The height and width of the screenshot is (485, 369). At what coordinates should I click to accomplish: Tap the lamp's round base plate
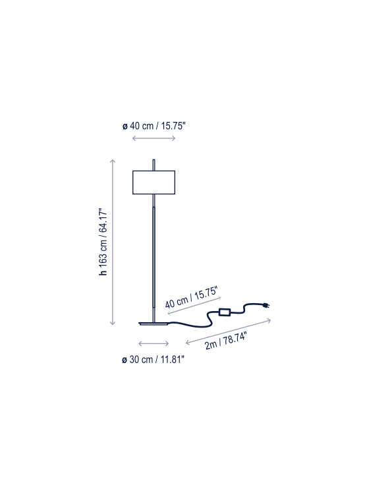click(x=154, y=324)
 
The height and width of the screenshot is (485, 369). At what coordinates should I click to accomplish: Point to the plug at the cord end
click(x=266, y=306)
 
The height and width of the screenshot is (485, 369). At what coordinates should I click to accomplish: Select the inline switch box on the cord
click(x=224, y=312)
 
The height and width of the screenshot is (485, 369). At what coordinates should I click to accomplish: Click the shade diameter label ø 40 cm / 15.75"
click(x=154, y=127)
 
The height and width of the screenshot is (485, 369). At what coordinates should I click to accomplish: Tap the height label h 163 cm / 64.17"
click(x=103, y=242)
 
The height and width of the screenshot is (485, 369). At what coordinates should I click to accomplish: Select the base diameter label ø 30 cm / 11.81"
click(x=153, y=359)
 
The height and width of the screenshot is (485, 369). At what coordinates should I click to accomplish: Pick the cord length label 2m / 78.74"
click(x=226, y=341)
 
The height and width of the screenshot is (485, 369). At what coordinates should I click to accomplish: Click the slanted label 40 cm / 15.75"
click(x=192, y=297)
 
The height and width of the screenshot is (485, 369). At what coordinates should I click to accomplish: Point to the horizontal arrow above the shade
click(x=154, y=138)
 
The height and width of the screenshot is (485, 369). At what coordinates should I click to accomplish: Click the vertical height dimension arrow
click(x=113, y=242)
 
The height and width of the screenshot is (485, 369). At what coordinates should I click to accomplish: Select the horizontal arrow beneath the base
click(x=154, y=343)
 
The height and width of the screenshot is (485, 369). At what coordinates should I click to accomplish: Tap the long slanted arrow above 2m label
click(x=228, y=331)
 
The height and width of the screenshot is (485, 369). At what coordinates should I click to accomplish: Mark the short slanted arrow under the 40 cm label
click(x=194, y=306)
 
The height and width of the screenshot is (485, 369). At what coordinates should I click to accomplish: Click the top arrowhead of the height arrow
click(x=113, y=161)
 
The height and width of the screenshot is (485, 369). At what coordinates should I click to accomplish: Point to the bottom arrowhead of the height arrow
click(x=113, y=324)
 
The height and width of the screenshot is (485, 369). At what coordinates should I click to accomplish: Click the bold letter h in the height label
click(x=103, y=273)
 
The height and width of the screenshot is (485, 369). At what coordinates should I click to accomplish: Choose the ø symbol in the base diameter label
click(x=125, y=360)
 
